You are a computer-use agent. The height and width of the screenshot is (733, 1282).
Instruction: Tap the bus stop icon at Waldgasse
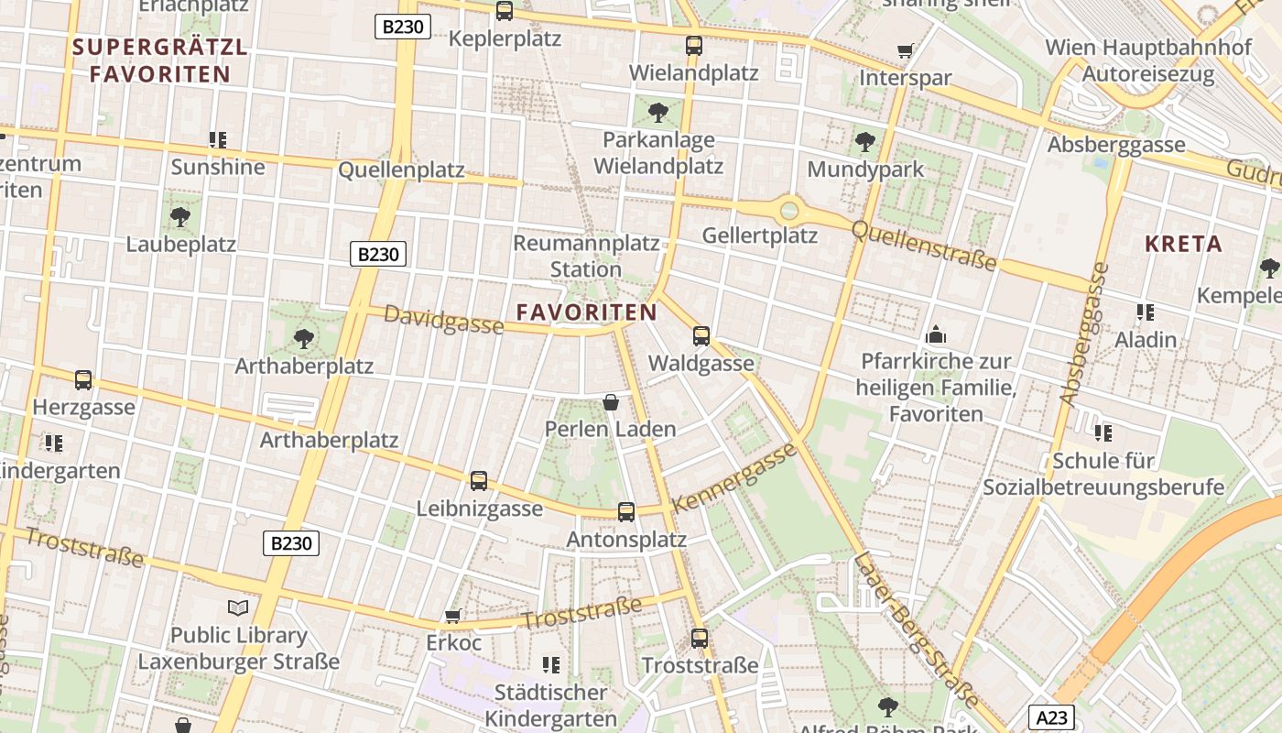701,336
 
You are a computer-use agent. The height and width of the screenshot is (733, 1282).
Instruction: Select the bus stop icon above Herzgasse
83,379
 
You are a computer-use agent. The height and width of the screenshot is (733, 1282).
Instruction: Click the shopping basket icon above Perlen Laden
611,402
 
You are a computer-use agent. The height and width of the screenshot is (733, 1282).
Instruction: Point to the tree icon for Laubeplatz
180,217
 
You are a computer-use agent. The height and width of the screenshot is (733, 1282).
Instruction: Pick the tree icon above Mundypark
864,142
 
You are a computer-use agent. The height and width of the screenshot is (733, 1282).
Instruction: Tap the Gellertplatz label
759,235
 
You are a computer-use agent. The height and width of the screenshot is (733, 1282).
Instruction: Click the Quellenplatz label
401,171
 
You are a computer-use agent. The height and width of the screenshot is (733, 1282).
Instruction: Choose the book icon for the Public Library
238,607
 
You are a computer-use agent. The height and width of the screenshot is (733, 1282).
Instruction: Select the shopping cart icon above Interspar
906,51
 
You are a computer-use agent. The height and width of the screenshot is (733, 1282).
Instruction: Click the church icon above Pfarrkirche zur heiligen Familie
936,334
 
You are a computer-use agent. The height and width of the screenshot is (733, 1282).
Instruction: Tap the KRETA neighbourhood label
1184,244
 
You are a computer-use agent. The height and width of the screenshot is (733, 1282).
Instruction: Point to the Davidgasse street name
443,320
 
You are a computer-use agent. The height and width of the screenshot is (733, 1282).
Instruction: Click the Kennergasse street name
734,479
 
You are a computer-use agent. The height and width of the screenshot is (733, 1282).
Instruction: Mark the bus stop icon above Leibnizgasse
479,481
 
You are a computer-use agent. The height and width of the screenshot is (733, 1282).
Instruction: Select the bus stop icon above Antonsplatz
626,512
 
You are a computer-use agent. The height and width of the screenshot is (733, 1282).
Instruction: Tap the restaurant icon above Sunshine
217,140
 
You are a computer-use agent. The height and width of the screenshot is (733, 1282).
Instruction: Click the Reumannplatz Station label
586,257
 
